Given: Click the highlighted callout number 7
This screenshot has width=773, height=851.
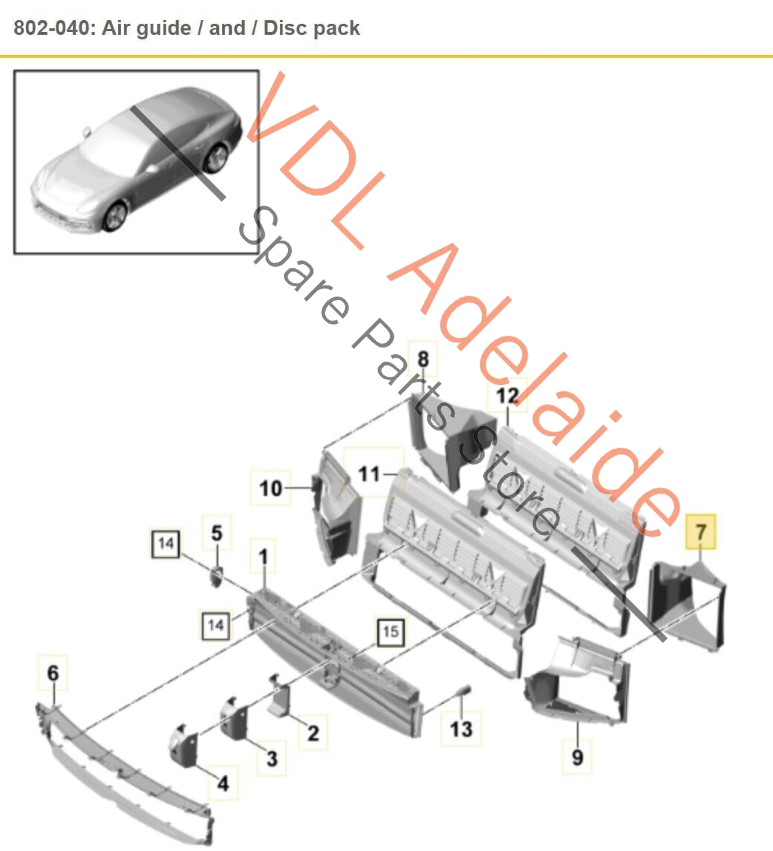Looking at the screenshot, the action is coord(701,532).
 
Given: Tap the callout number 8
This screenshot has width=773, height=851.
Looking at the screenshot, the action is coord(423,359).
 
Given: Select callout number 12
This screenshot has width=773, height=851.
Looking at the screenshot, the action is coord(507,395).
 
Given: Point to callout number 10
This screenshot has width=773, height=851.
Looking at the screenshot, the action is coord(270,488).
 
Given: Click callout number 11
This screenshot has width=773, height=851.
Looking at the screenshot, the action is coord(369,474).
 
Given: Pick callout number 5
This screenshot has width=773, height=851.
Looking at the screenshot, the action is coord(217,533).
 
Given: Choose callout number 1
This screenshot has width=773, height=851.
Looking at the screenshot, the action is coord(263,556).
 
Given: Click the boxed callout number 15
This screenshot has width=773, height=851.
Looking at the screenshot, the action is coord(391,632).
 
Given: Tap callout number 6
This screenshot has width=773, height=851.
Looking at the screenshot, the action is coord(53,673).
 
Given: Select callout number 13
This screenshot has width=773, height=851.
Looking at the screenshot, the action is coord(461,729).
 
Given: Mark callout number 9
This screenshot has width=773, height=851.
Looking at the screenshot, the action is coord(577,757).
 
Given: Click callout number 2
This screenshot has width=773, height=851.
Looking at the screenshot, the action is coord(313,733).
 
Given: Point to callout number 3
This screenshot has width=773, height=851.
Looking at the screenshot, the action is coord(272,758).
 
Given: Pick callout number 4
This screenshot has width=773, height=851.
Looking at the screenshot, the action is coord(223,784).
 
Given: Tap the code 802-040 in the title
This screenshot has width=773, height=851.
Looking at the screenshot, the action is coord(52,28).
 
